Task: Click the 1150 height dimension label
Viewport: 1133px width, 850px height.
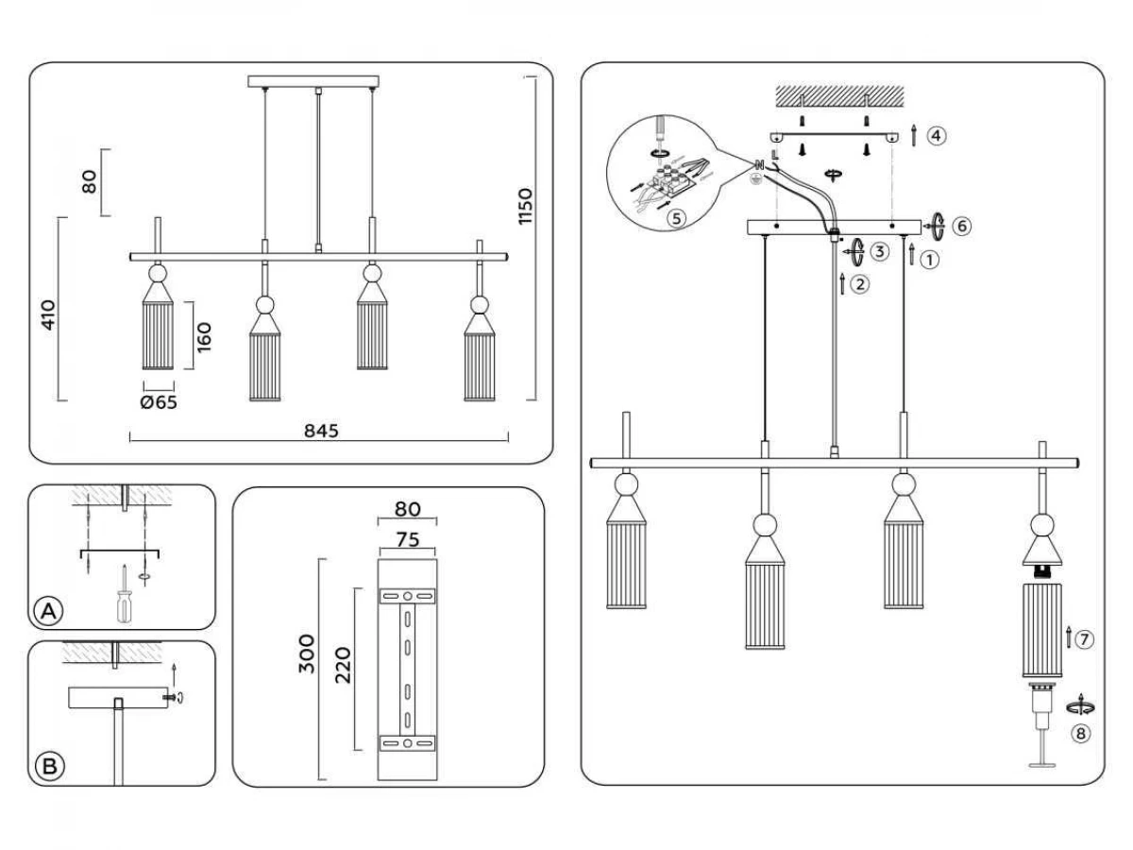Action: tap(524, 207)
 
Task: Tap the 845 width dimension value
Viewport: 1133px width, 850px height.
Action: tap(321, 431)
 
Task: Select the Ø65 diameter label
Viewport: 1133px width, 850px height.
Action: tap(159, 402)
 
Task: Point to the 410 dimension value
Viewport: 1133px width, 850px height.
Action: tap(48, 314)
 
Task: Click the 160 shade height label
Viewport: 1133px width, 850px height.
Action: tap(204, 337)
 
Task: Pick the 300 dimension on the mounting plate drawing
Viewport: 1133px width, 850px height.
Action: tap(307, 654)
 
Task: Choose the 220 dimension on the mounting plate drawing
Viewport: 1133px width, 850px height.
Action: tap(344, 665)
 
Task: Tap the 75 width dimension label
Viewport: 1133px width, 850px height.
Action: tap(408, 540)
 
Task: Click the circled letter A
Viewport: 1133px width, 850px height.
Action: tap(48, 611)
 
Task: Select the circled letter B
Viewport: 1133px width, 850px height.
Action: tap(50, 766)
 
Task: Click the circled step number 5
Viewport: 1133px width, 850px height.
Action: tap(676, 218)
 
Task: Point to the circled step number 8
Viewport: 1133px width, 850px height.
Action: tap(1080, 734)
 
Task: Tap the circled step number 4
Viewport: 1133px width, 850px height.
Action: tap(937, 136)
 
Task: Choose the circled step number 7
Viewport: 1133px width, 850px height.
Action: tap(1085, 640)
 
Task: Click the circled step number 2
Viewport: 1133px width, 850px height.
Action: tap(860, 284)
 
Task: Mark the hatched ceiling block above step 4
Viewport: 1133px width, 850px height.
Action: tap(839, 96)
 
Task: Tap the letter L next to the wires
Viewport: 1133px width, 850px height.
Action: tap(774, 154)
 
